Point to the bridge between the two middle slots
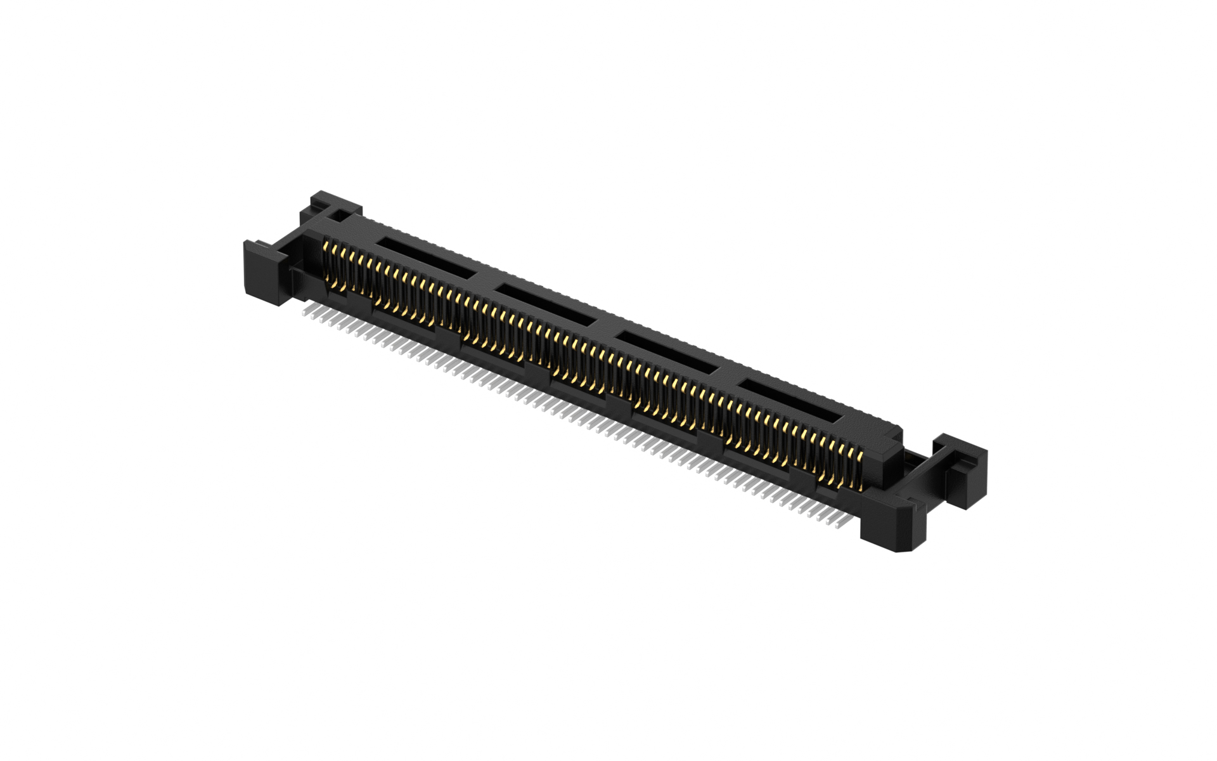click(607, 327)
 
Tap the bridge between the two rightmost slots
click(729, 374)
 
